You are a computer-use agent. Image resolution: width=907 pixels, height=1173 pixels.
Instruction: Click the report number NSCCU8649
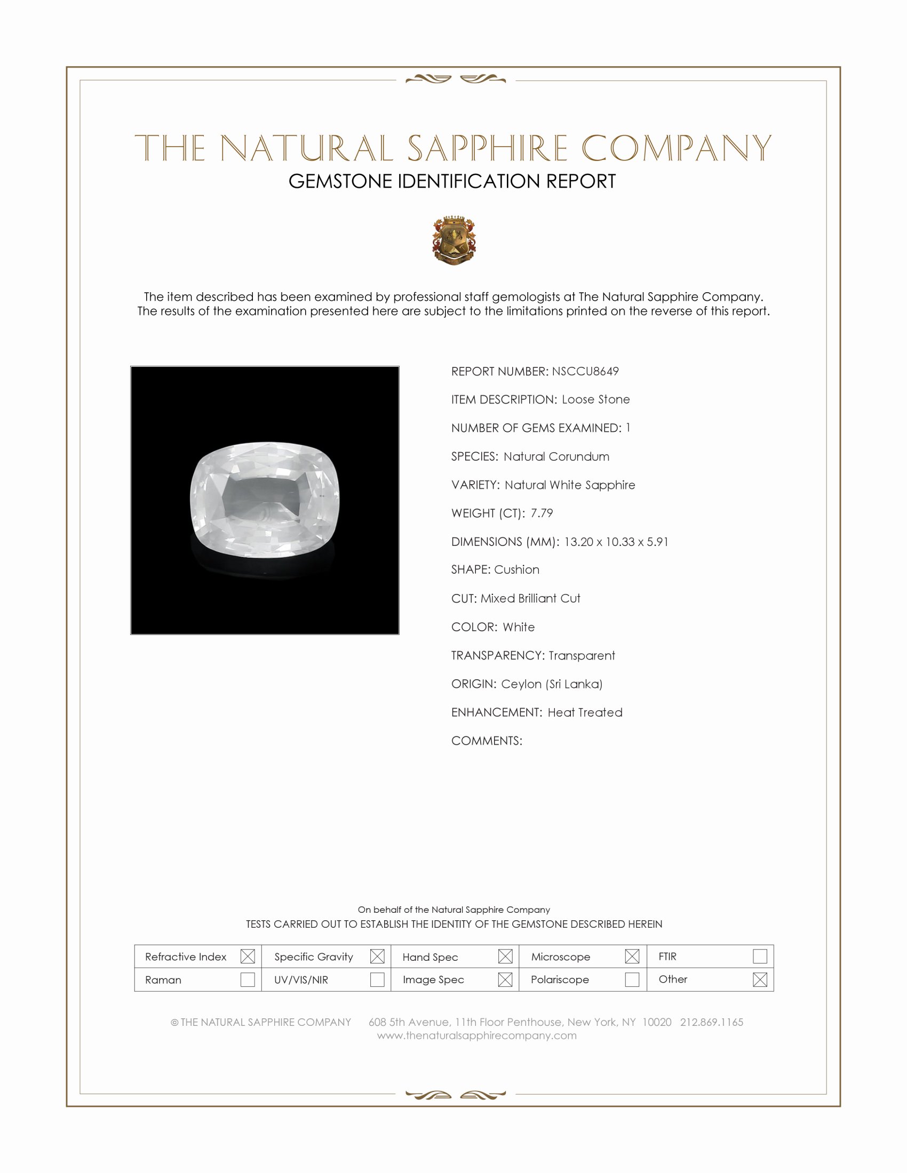point(585,371)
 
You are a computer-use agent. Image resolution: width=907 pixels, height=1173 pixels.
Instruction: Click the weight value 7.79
point(542,513)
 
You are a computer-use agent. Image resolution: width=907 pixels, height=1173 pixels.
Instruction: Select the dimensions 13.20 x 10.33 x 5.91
point(616,541)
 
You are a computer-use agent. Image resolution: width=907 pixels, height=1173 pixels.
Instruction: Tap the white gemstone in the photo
point(265,500)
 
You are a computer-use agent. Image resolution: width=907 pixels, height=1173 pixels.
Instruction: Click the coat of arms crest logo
point(454,240)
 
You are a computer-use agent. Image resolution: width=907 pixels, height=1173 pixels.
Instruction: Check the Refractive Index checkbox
point(248,956)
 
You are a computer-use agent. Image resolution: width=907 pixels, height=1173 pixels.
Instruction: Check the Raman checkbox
point(248,979)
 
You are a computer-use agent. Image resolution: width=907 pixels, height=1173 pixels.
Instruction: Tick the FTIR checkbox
point(760,956)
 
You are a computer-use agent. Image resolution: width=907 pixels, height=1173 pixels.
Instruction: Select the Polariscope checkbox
point(632,979)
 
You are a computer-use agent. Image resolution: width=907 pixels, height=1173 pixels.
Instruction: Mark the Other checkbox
point(760,979)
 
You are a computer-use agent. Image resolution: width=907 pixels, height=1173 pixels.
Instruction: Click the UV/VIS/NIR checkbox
point(377,979)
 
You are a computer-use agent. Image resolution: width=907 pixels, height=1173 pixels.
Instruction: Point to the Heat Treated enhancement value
point(585,712)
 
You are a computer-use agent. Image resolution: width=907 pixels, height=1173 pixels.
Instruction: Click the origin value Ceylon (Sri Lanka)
point(552,684)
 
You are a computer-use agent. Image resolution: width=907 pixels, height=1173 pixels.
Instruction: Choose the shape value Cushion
point(517,569)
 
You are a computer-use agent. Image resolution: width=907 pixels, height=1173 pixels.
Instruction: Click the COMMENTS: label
point(487,741)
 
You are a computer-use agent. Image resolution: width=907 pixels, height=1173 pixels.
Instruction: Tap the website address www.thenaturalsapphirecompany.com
point(476,1035)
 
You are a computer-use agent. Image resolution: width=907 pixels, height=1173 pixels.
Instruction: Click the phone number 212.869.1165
point(711,1022)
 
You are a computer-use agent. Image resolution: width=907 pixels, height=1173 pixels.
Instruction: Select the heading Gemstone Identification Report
point(452,181)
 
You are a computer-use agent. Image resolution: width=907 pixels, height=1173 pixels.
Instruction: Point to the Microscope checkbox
point(632,956)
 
